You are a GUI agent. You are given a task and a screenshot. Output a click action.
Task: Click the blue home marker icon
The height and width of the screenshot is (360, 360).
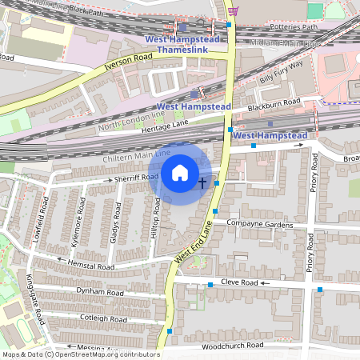pos(180,172)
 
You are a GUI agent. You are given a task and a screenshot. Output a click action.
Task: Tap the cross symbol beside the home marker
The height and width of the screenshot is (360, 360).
pos(202,182)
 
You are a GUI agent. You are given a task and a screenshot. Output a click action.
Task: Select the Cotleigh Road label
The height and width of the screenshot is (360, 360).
pos(102,318)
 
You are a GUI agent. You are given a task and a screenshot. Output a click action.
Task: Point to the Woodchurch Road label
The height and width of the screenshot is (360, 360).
pos(232,346)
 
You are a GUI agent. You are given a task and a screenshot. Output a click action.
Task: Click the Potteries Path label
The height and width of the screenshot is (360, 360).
pos(295,26)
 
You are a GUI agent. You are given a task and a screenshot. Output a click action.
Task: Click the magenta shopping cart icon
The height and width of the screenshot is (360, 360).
pos(233,10)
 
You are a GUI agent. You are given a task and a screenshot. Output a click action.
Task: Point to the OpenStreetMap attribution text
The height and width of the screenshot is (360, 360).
pos(80,354)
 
